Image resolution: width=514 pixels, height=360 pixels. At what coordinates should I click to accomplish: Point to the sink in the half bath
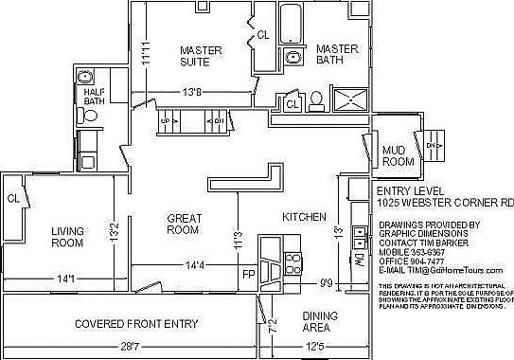point(85,78)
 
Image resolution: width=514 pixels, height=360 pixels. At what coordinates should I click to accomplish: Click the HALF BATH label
point(95,96)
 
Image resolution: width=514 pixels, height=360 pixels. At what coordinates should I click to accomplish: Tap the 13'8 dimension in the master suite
point(193,92)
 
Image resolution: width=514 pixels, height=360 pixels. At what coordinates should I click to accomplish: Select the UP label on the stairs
point(166,121)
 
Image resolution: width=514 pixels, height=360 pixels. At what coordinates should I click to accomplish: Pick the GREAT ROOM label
point(183,223)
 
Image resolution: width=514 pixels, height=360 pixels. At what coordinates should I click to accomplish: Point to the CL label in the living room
point(13,198)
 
